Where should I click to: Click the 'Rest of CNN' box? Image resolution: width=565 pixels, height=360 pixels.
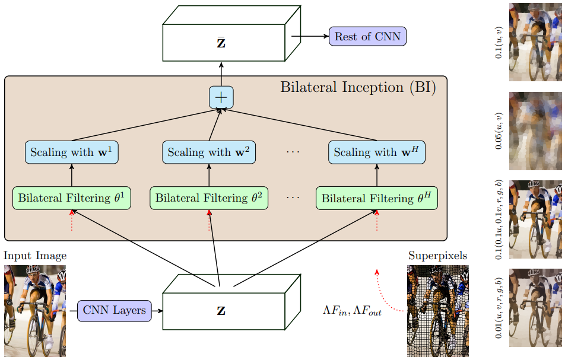point(367,37)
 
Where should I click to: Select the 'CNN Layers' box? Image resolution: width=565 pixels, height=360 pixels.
point(115,310)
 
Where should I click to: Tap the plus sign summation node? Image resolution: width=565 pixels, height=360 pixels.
point(221,97)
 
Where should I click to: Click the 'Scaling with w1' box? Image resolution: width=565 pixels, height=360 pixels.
point(72,152)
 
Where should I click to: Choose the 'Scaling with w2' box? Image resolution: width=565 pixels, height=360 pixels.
point(209,152)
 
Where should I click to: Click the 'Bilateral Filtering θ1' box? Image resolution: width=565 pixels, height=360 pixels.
point(72,197)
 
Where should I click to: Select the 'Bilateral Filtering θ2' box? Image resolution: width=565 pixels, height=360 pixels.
point(209,197)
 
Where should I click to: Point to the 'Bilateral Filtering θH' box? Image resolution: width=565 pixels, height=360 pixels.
point(377,197)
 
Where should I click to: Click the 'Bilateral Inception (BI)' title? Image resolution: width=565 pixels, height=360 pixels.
point(358,88)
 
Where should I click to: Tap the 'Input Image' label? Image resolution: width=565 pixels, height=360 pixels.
point(35,256)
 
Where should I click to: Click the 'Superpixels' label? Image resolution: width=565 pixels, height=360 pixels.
point(437,256)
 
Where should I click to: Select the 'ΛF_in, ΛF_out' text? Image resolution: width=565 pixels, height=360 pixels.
point(352,310)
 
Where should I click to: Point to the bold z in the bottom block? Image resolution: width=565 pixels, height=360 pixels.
point(221,311)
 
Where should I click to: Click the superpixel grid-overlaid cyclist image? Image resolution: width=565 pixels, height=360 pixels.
point(437,311)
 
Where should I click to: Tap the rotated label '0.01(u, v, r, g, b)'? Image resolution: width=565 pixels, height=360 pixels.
point(499,308)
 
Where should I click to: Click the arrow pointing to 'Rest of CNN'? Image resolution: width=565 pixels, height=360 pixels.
point(309,37)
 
